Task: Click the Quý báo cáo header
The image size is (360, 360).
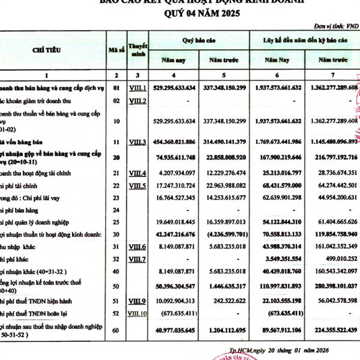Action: tap(194, 39)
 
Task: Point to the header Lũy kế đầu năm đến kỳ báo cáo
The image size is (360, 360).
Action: tap(305, 39)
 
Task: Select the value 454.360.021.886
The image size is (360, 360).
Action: tap(175, 142)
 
